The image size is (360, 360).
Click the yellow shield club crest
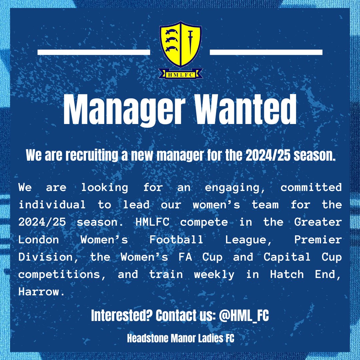[180, 45]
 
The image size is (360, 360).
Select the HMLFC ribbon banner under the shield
[180, 74]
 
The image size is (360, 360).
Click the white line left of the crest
[94, 52]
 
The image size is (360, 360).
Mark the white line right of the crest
[266, 52]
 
